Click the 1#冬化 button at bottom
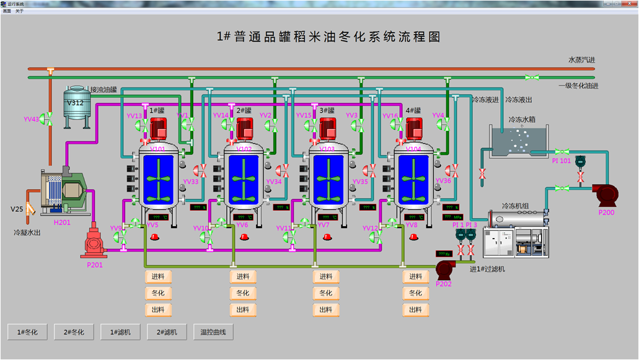(28, 332)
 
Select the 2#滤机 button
(167, 332)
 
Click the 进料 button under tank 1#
(158, 276)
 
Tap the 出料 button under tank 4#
(416, 309)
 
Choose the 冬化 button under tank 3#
(326, 293)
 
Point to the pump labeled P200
(604, 194)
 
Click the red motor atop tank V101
(158, 129)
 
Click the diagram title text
(328, 37)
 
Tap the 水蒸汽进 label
(581, 60)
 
